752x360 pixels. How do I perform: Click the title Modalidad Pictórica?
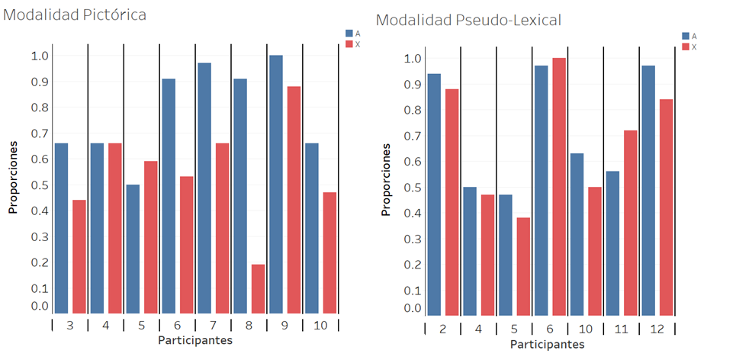(x=76, y=14)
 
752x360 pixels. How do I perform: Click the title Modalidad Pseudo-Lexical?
(x=468, y=20)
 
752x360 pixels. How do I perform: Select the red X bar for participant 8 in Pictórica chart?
(x=259, y=289)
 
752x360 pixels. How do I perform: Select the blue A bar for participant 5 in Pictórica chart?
(x=133, y=249)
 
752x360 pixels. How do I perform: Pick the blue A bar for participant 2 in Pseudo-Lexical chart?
(x=434, y=194)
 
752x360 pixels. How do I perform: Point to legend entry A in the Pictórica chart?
(x=352, y=34)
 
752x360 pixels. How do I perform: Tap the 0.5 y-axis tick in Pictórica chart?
(x=40, y=185)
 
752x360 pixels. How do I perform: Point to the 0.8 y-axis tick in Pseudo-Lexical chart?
(x=412, y=110)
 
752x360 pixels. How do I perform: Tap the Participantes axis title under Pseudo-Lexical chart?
(x=547, y=345)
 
